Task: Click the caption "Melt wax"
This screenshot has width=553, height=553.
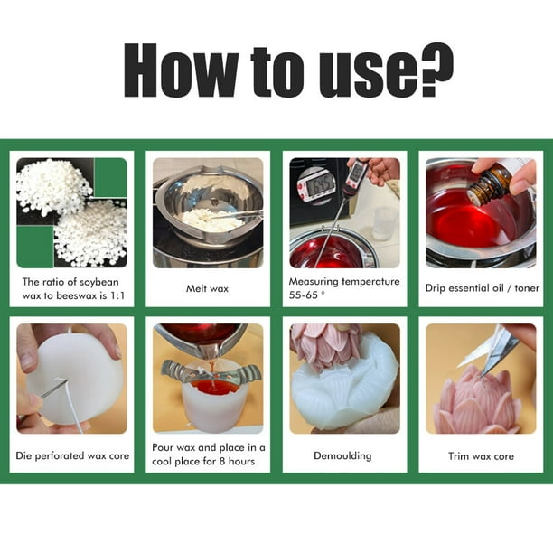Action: click(208, 288)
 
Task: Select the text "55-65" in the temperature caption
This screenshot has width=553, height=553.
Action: click(304, 295)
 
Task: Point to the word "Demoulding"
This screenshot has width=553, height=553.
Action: click(342, 455)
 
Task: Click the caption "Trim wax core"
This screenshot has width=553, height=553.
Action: click(481, 456)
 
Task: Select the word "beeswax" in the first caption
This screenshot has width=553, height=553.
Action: click(76, 295)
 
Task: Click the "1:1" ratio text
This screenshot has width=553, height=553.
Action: click(117, 295)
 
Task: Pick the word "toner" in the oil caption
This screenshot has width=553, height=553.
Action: click(527, 288)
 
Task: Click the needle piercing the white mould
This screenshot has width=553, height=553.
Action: click(53, 388)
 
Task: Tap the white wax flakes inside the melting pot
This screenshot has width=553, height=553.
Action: click(212, 220)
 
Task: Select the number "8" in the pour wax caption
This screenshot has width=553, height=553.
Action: click(222, 461)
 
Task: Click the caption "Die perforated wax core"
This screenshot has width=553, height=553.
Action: click(72, 455)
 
